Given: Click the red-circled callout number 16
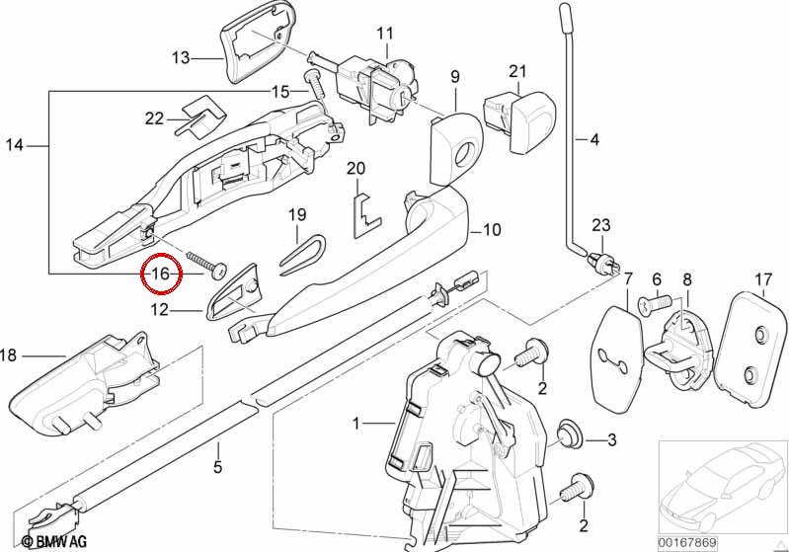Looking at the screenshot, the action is (x=161, y=275).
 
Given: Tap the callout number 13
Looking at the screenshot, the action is (x=181, y=58).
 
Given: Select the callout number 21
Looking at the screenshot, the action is (x=517, y=71).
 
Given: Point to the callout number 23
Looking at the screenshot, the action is (x=600, y=225).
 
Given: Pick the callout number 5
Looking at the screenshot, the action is (x=217, y=467).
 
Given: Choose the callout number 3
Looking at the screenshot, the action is (x=611, y=440).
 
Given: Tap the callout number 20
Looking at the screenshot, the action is (x=355, y=168).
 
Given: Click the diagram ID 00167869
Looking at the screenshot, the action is (x=688, y=543).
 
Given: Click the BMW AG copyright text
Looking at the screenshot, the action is (x=54, y=541).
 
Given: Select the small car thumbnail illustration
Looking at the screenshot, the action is (x=723, y=487).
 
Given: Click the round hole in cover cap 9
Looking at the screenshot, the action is (x=464, y=154).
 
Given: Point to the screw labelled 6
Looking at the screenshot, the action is (x=656, y=303).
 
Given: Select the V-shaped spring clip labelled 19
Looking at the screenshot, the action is (x=302, y=256).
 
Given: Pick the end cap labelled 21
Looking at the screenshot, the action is (x=518, y=121).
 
